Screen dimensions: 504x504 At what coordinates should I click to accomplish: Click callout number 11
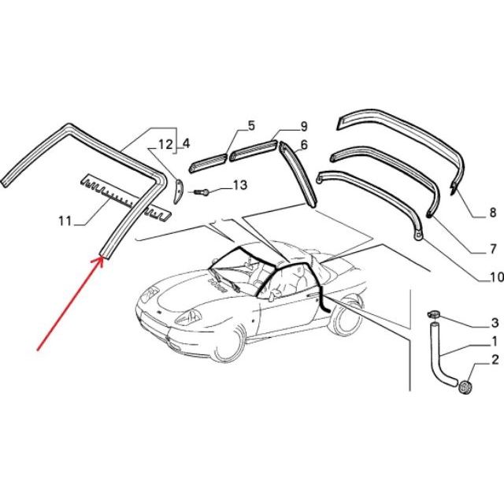pos(65,220)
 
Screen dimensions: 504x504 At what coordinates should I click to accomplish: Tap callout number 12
pos(166,145)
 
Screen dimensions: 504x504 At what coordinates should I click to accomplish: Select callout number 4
pos(186,143)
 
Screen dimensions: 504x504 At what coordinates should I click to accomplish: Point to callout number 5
pos(251,126)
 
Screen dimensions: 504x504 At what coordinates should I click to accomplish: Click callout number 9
pos(304,126)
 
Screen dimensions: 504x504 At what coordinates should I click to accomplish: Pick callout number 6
pos(304,145)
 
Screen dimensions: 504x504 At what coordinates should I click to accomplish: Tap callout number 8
pos(493,213)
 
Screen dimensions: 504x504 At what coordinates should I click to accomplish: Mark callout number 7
pos(493,249)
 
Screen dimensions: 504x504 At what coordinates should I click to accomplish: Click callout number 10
pos(496,277)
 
